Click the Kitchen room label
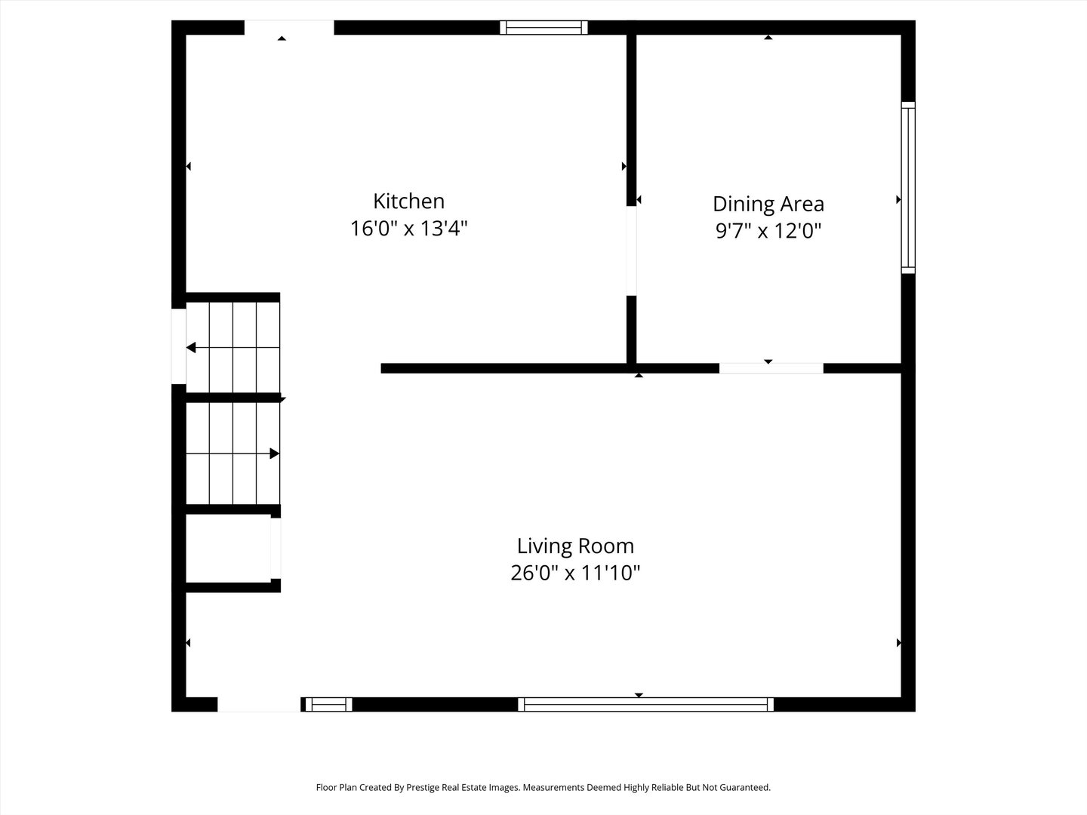coord(408,201)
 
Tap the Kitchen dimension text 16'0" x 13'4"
coord(408,229)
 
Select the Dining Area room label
coord(768,204)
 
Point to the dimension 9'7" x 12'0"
coord(768,231)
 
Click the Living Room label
coord(575,546)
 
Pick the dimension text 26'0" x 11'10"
coord(575,573)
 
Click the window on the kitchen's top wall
coord(543,28)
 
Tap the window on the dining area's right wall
coord(908,188)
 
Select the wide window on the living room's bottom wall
coord(646,704)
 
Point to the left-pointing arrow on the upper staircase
coord(192,348)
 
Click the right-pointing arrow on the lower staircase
coord(274,454)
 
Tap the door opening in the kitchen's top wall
coord(288,28)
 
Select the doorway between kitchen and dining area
coord(631,251)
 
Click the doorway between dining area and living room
coord(771,368)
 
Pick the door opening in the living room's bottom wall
coord(259,704)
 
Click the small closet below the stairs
coord(228,549)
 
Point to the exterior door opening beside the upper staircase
coord(179,346)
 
